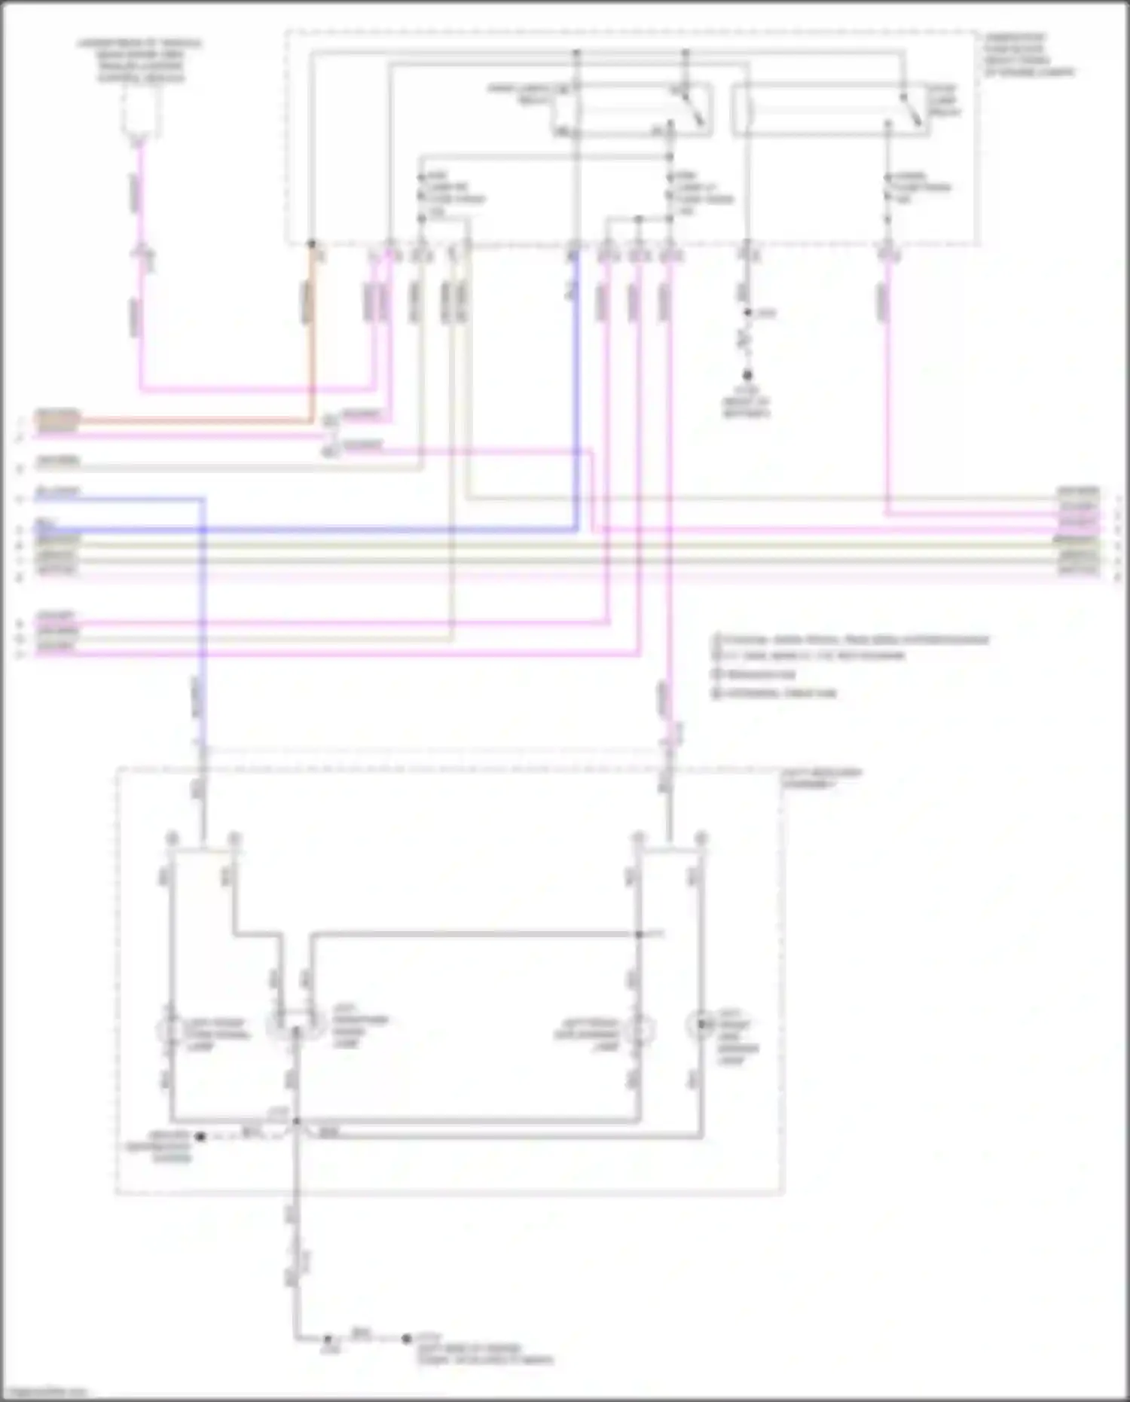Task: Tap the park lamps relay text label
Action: point(520,93)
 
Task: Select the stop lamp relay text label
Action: point(942,100)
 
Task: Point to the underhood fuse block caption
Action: point(1028,54)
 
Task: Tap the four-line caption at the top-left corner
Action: point(140,60)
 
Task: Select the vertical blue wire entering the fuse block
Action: point(576,392)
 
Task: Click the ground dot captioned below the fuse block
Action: point(747,375)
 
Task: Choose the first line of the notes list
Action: point(851,640)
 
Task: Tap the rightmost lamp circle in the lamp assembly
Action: point(701,1026)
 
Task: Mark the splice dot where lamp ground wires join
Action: point(296,1122)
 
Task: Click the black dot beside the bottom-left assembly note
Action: point(200,1136)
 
